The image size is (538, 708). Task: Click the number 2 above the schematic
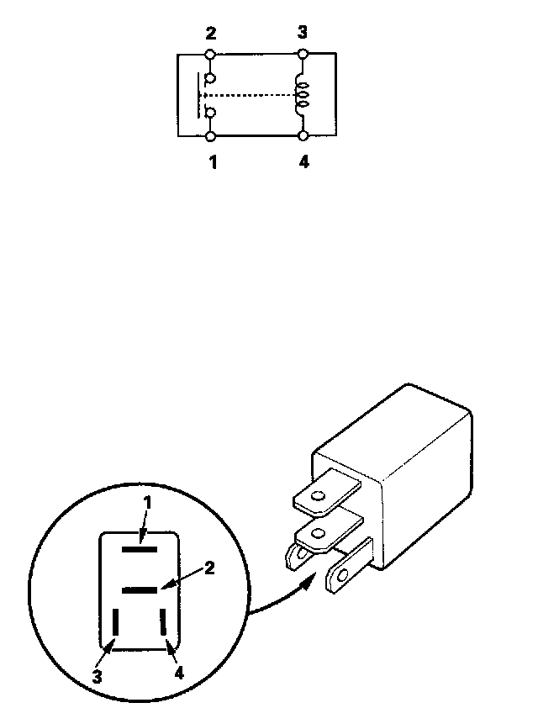(211, 34)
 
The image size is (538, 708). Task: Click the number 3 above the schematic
(303, 33)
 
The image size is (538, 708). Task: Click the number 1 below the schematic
(213, 162)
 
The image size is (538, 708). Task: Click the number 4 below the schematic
(303, 162)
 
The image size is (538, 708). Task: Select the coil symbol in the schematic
(301, 94)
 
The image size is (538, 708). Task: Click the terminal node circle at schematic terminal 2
(210, 55)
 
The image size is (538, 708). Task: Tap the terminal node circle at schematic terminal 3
(303, 55)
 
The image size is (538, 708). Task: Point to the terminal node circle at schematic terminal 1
(210, 135)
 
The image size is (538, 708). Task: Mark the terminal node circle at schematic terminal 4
(303, 135)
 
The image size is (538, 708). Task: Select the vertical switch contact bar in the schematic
(199, 95)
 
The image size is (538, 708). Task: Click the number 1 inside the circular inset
(146, 502)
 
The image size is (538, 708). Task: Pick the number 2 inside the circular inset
(209, 568)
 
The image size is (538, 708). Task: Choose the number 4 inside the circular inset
(178, 673)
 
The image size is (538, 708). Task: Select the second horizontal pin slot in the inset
(140, 589)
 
